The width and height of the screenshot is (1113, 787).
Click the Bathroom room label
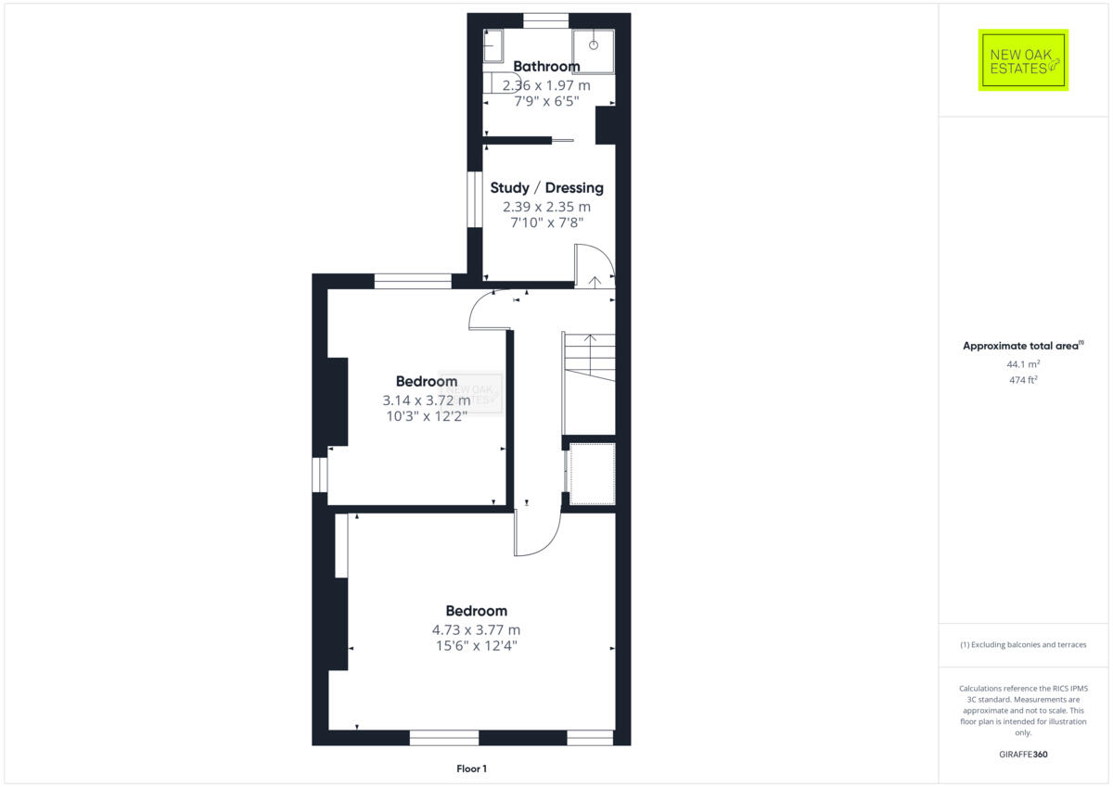(x=546, y=66)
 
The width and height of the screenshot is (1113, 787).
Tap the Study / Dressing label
(x=546, y=187)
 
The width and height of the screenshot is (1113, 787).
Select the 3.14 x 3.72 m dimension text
(x=426, y=400)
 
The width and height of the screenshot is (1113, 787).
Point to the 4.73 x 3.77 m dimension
(x=477, y=629)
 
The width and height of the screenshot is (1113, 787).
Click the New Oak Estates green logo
(x=1023, y=60)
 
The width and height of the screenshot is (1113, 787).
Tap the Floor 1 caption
(x=471, y=768)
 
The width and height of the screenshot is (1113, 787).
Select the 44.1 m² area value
(x=1023, y=364)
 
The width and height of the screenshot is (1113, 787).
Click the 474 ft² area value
(x=1023, y=380)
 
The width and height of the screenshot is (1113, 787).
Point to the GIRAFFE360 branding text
(x=1023, y=755)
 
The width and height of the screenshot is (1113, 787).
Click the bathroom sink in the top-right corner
(x=594, y=44)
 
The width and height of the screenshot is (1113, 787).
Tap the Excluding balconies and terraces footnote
(x=1023, y=644)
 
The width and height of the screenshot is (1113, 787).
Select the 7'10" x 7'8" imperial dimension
(x=546, y=222)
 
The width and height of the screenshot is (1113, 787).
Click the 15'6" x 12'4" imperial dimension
(x=477, y=646)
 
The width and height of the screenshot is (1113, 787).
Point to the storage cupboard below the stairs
(x=591, y=474)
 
